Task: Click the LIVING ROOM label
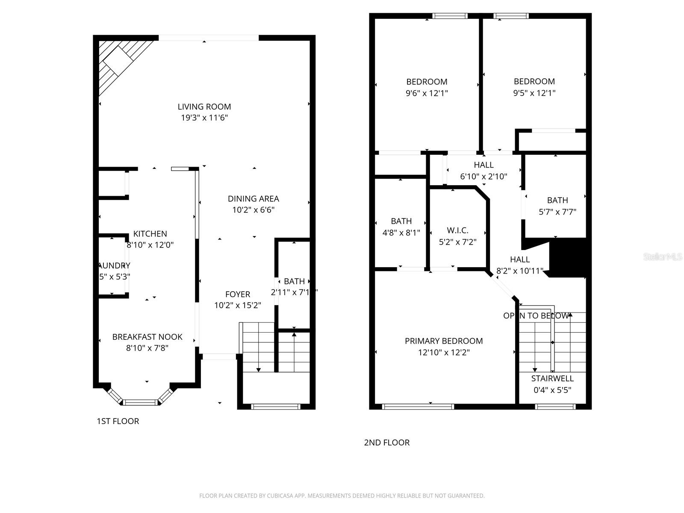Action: [x=204, y=107]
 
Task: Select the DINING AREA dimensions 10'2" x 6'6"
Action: [x=253, y=210]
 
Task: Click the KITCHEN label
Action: [x=150, y=234]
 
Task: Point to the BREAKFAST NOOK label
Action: [x=147, y=337]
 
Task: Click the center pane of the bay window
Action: [x=141, y=402]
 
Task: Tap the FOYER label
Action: [x=238, y=294]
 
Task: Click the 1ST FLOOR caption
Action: [x=118, y=421]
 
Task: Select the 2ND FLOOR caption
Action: [x=386, y=442]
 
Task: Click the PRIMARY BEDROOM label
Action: [x=444, y=341]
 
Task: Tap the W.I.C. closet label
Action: [x=457, y=230]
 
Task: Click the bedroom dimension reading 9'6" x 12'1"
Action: [x=427, y=93]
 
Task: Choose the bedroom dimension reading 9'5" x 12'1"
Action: [x=534, y=93]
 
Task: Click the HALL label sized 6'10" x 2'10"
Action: [x=484, y=165]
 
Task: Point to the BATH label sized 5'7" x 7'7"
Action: [x=557, y=200]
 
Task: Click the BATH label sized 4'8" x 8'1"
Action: [x=401, y=221]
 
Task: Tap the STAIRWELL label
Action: [x=552, y=378]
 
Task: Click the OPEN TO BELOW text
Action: [x=536, y=316]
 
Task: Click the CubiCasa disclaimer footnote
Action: [x=342, y=496]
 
